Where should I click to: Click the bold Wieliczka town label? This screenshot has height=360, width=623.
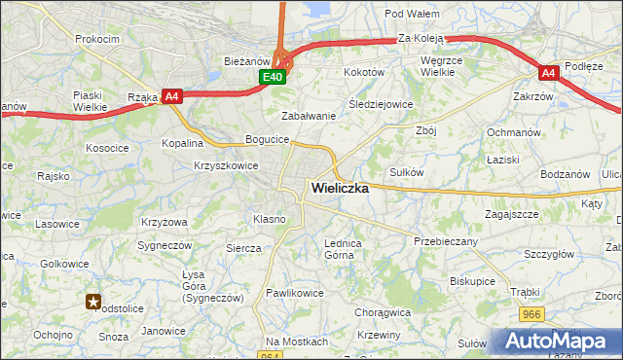coord(340,189)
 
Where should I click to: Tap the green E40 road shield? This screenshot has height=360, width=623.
coord(272,77)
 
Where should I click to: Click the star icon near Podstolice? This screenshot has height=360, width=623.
coord(92,302)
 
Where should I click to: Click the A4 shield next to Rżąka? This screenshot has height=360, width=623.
coord(171,95)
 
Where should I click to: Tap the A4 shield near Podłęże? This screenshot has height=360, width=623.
coord(549,72)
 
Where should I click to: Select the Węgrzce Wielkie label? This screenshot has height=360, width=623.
coord(447,66)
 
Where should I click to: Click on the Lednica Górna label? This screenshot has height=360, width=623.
coord(343,249)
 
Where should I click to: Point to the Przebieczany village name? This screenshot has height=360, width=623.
coord(445,241)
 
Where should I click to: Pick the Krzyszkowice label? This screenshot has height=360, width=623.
coord(226,165)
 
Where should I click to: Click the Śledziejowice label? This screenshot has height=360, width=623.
coord(381,104)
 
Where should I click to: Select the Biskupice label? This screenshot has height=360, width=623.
coord(473,280)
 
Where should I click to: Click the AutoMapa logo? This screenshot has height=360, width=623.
coord(557,341)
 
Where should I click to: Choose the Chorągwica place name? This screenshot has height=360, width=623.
coord(383,313)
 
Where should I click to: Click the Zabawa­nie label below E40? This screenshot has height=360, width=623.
coord(309,116)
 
